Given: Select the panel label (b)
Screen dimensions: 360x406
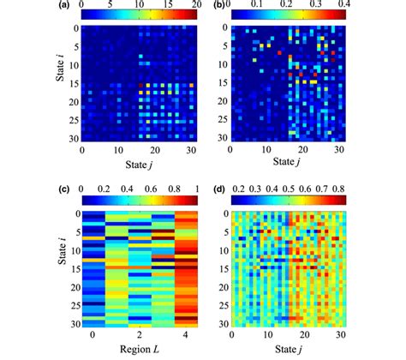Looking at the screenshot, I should coord(218,6).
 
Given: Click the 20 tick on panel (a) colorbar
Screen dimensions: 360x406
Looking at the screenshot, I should coord(196,6).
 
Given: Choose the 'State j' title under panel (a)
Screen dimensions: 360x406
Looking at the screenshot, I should coord(139,163).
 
